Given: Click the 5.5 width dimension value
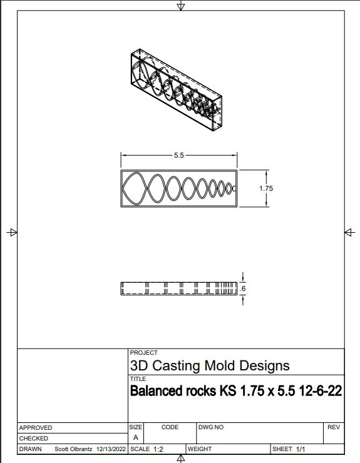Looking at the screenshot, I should click(178, 155).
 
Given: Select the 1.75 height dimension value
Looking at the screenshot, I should click(266, 188).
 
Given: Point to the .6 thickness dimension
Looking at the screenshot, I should click(243, 288).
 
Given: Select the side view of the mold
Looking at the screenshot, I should click(178, 288).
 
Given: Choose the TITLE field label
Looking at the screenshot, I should click(137, 379).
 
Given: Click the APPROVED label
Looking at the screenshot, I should click(36, 427).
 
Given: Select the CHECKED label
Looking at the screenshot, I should click(34, 439).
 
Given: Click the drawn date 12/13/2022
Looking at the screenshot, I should click(111, 449).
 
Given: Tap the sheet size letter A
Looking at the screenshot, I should click(135, 437).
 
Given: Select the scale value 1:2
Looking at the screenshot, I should click(158, 449).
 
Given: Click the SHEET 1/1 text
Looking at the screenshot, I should click(288, 449).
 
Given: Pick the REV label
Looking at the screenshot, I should click(333, 427).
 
